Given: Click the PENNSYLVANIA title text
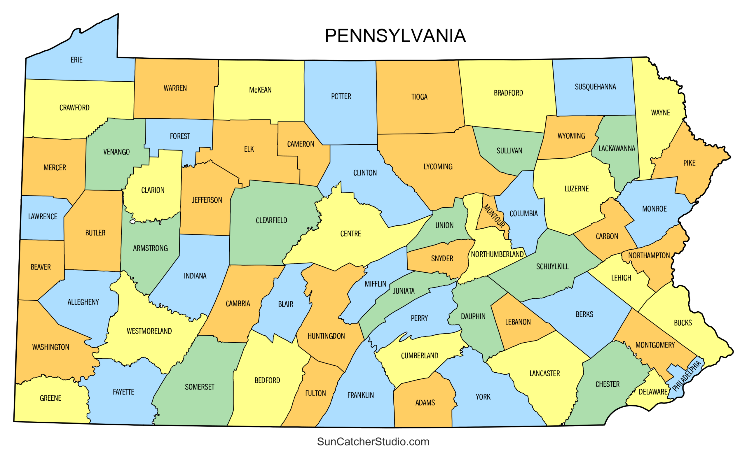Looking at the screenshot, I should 395,36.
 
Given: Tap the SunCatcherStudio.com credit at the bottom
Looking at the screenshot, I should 373,441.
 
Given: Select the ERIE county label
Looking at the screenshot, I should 76,60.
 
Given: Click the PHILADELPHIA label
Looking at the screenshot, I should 686,376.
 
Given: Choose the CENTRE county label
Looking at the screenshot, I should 350,234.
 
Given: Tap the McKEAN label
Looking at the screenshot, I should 260,90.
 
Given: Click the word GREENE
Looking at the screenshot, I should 51,398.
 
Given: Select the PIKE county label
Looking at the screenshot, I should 689,163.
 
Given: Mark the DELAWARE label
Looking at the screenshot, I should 653,392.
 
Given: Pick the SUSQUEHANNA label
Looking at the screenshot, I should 595,87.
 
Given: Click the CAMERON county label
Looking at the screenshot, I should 301,144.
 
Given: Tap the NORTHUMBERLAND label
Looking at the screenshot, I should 497,255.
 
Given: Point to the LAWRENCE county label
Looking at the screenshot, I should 43,217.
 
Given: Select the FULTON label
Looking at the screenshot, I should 315,393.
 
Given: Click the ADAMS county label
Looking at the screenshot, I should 425,403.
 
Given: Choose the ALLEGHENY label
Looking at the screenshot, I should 83,302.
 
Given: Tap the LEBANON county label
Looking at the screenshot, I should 518,322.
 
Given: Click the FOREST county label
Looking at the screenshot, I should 180,136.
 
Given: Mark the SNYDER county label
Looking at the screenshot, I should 442,259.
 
